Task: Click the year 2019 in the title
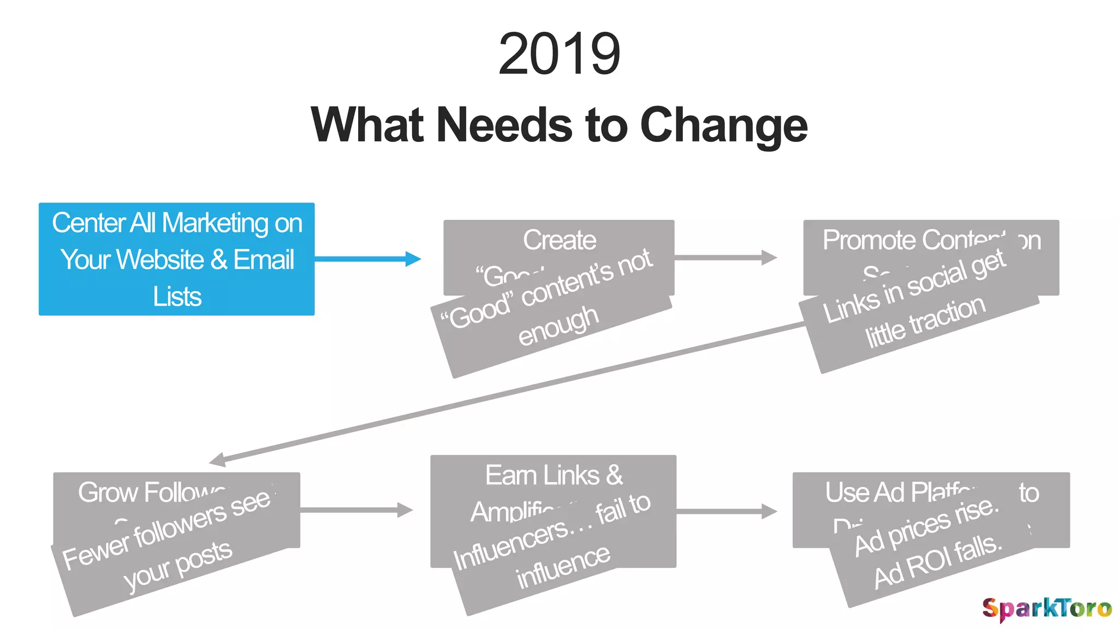[x=559, y=54]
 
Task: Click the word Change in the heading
[x=723, y=126]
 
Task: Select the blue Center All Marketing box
[x=176, y=259]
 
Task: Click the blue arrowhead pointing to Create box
[x=413, y=259]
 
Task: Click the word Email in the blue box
[x=264, y=259]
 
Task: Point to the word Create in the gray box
[x=559, y=240]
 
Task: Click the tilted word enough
[x=558, y=325]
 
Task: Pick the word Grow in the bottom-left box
[x=108, y=492]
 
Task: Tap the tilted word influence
[x=563, y=567]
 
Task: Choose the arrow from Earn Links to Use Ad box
[x=726, y=511]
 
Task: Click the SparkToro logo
[x=1046, y=608]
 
